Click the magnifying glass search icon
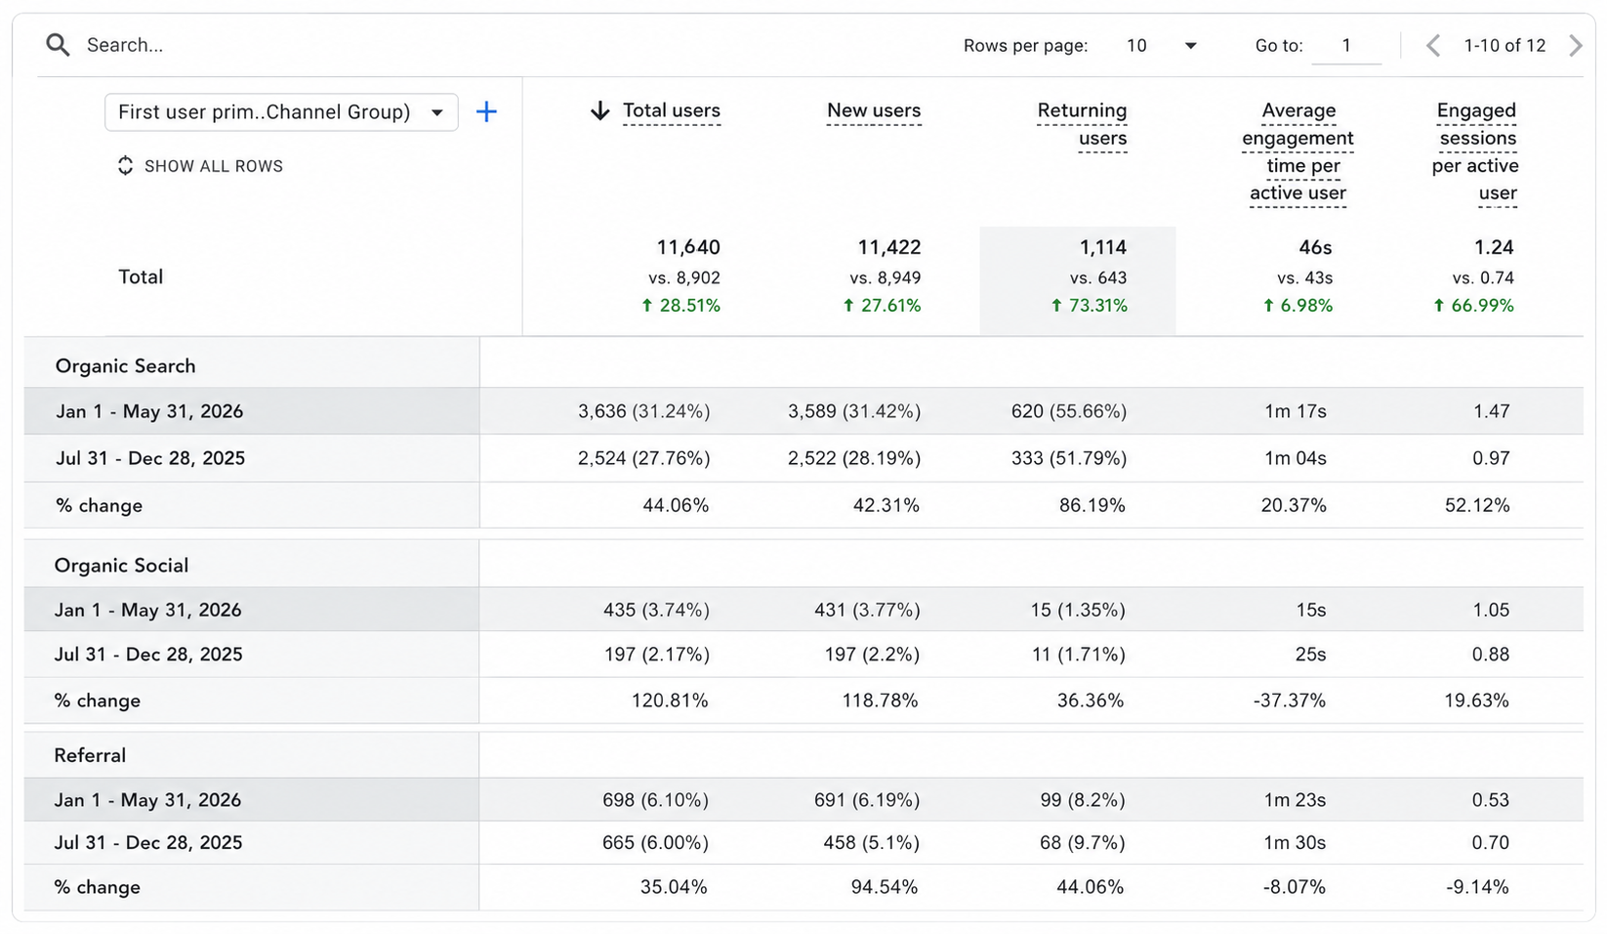tap(59, 45)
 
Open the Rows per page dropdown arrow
tap(1191, 46)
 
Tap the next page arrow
tap(1576, 46)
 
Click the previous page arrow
tap(1433, 46)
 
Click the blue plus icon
tap(486, 111)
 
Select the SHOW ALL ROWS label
tap(214, 166)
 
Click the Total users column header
tap(672, 110)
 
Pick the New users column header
tap(874, 110)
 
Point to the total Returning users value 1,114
tap(1103, 248)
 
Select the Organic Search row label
tap(126, 366)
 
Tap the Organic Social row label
tap(121, 566)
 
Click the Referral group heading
tap(90, 755)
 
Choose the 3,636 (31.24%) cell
tap(644, 411)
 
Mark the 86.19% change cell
tap(1092, 505)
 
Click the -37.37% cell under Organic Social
tap(1290, 700)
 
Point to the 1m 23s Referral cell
tap(1295, 800)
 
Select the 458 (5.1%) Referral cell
tap(872, 843)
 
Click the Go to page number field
tap(1346, 46)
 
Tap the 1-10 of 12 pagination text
tap(1504, 46)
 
